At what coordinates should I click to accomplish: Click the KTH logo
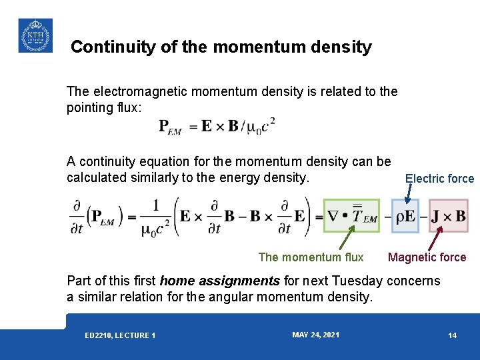(35, 35)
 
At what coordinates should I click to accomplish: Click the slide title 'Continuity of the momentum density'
(221, 47)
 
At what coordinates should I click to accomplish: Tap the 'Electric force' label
(439, 179)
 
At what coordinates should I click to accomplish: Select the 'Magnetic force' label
(427, 257)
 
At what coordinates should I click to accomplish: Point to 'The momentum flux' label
(311, 257)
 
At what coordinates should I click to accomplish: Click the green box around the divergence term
(351, 215)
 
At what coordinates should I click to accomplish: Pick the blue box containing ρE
(405, 215)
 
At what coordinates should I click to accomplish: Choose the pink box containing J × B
(448, 215)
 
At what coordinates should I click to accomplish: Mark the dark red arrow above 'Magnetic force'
(435, 240)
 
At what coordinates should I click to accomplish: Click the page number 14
(452, 335)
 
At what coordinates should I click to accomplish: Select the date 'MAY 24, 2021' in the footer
(315, 335)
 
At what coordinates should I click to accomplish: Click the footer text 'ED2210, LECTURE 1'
(120, 335)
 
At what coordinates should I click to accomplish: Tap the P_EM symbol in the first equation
(169, 127)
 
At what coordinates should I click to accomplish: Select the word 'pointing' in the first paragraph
(88, 108)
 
